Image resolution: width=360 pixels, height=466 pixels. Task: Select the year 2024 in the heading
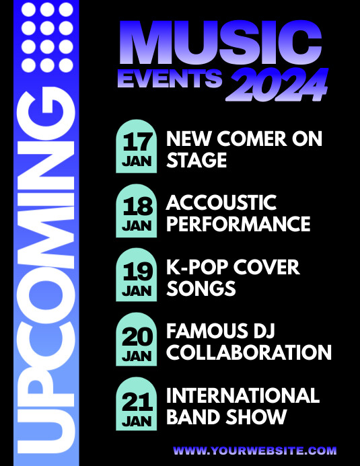tap(279, 85)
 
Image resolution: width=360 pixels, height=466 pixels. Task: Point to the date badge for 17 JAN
tap(137, 147)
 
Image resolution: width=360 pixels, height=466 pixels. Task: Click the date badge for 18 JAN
tap(137, 211)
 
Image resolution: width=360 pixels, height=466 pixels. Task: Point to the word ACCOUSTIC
tap(221, 202)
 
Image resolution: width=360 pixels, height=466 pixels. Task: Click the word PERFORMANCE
tap(238, 225)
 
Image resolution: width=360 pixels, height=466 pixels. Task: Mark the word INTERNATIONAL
tap(243, 395)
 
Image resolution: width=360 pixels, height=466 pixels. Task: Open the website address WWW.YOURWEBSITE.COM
tap(255, 451)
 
